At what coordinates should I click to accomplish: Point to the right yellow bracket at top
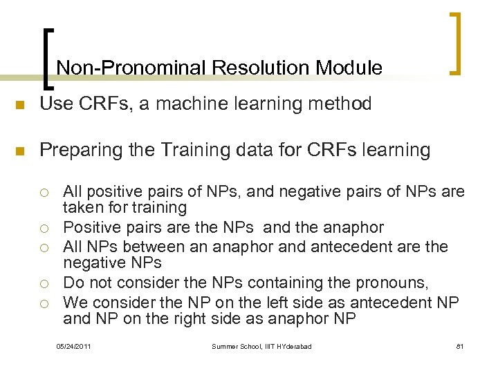coord(455,42)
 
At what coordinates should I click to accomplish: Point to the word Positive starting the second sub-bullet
coord(91,227)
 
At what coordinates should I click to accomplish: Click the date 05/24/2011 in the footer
coord(73,345)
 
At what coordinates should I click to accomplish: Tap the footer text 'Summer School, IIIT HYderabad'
coord(261,345)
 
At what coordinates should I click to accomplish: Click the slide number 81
coord(459,345)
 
